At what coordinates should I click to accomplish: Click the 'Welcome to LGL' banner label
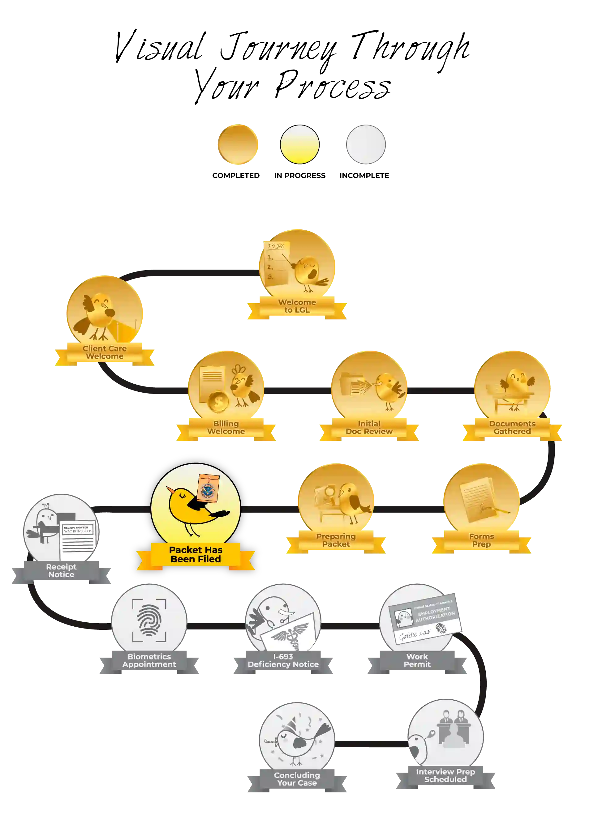coord(297,306)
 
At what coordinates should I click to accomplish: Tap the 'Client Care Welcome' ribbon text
coord(105,352)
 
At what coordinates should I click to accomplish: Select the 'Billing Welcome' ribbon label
coord(226,428)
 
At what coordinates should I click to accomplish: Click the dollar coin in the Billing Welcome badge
coord(218,401)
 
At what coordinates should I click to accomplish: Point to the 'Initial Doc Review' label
coord(369,428)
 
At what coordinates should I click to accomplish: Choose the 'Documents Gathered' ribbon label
coord(512,428)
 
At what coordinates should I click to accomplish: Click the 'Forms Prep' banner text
coord(481,540)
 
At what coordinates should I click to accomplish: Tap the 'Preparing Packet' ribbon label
coord(336,540)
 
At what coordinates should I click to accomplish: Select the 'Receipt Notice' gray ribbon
coord(61,570)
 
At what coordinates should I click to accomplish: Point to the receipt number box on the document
coord(78,529)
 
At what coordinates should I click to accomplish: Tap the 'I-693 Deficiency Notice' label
coord(283,660)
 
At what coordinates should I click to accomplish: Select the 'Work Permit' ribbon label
coord(417,660)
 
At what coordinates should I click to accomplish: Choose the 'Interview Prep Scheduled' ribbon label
coord(445,775)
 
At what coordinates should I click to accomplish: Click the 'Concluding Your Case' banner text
coord(297,779)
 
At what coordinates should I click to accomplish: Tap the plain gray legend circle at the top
coord(366,144)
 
